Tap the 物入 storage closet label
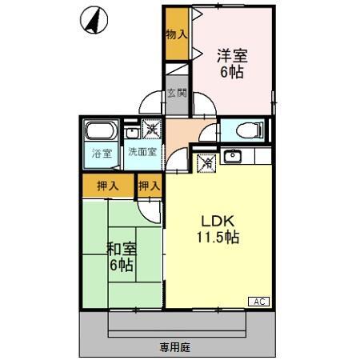[x=177, y=34]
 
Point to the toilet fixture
[x=244, y=130]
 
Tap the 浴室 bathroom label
[x=100, y=151]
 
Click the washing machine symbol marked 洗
[x=150, y=127]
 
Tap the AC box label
[x=258, y=301]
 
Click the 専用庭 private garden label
[x=175, y=347]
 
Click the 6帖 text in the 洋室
[x=232, y=72]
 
